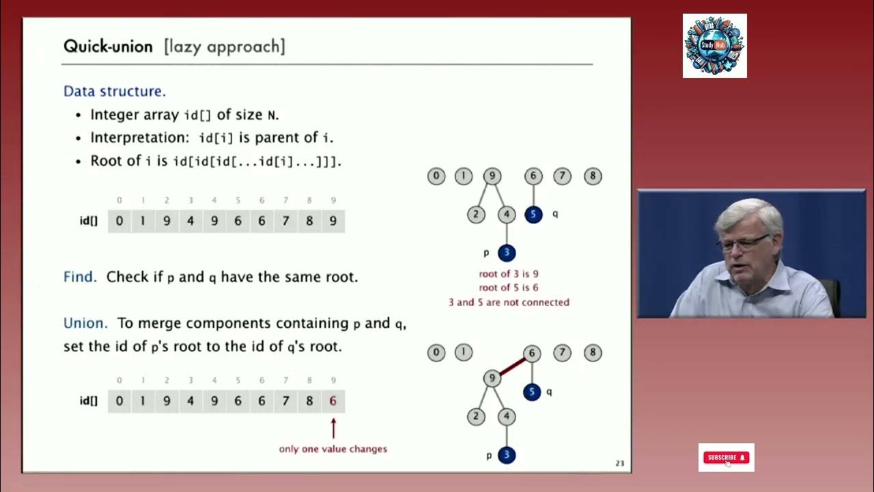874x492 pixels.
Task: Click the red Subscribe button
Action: click(726, 457)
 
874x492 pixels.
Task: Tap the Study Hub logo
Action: click(714, 46)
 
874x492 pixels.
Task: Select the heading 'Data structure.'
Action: click(114, 91)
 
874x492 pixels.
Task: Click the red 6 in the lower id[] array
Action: click(333, 401)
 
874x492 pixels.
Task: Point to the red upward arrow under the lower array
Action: click(333, 428)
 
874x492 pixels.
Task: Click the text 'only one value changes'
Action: click(333, 449)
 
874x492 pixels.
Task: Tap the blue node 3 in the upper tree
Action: click(506, 253)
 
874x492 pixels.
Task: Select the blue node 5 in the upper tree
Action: click(533, 215)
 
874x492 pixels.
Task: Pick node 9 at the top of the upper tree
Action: click(492, 176)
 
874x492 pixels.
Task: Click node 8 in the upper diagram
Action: click(592, 176)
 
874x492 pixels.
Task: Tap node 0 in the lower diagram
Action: click(436, 353)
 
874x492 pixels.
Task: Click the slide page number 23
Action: click(619, 463)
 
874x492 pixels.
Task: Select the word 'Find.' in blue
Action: click(80, 277)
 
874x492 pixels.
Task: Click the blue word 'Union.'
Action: click(85, 323)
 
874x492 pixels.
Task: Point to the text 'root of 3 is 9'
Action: click(508, 274)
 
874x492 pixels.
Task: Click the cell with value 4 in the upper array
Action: click(191, 221)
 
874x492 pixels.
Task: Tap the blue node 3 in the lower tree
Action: click(506, 455)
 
